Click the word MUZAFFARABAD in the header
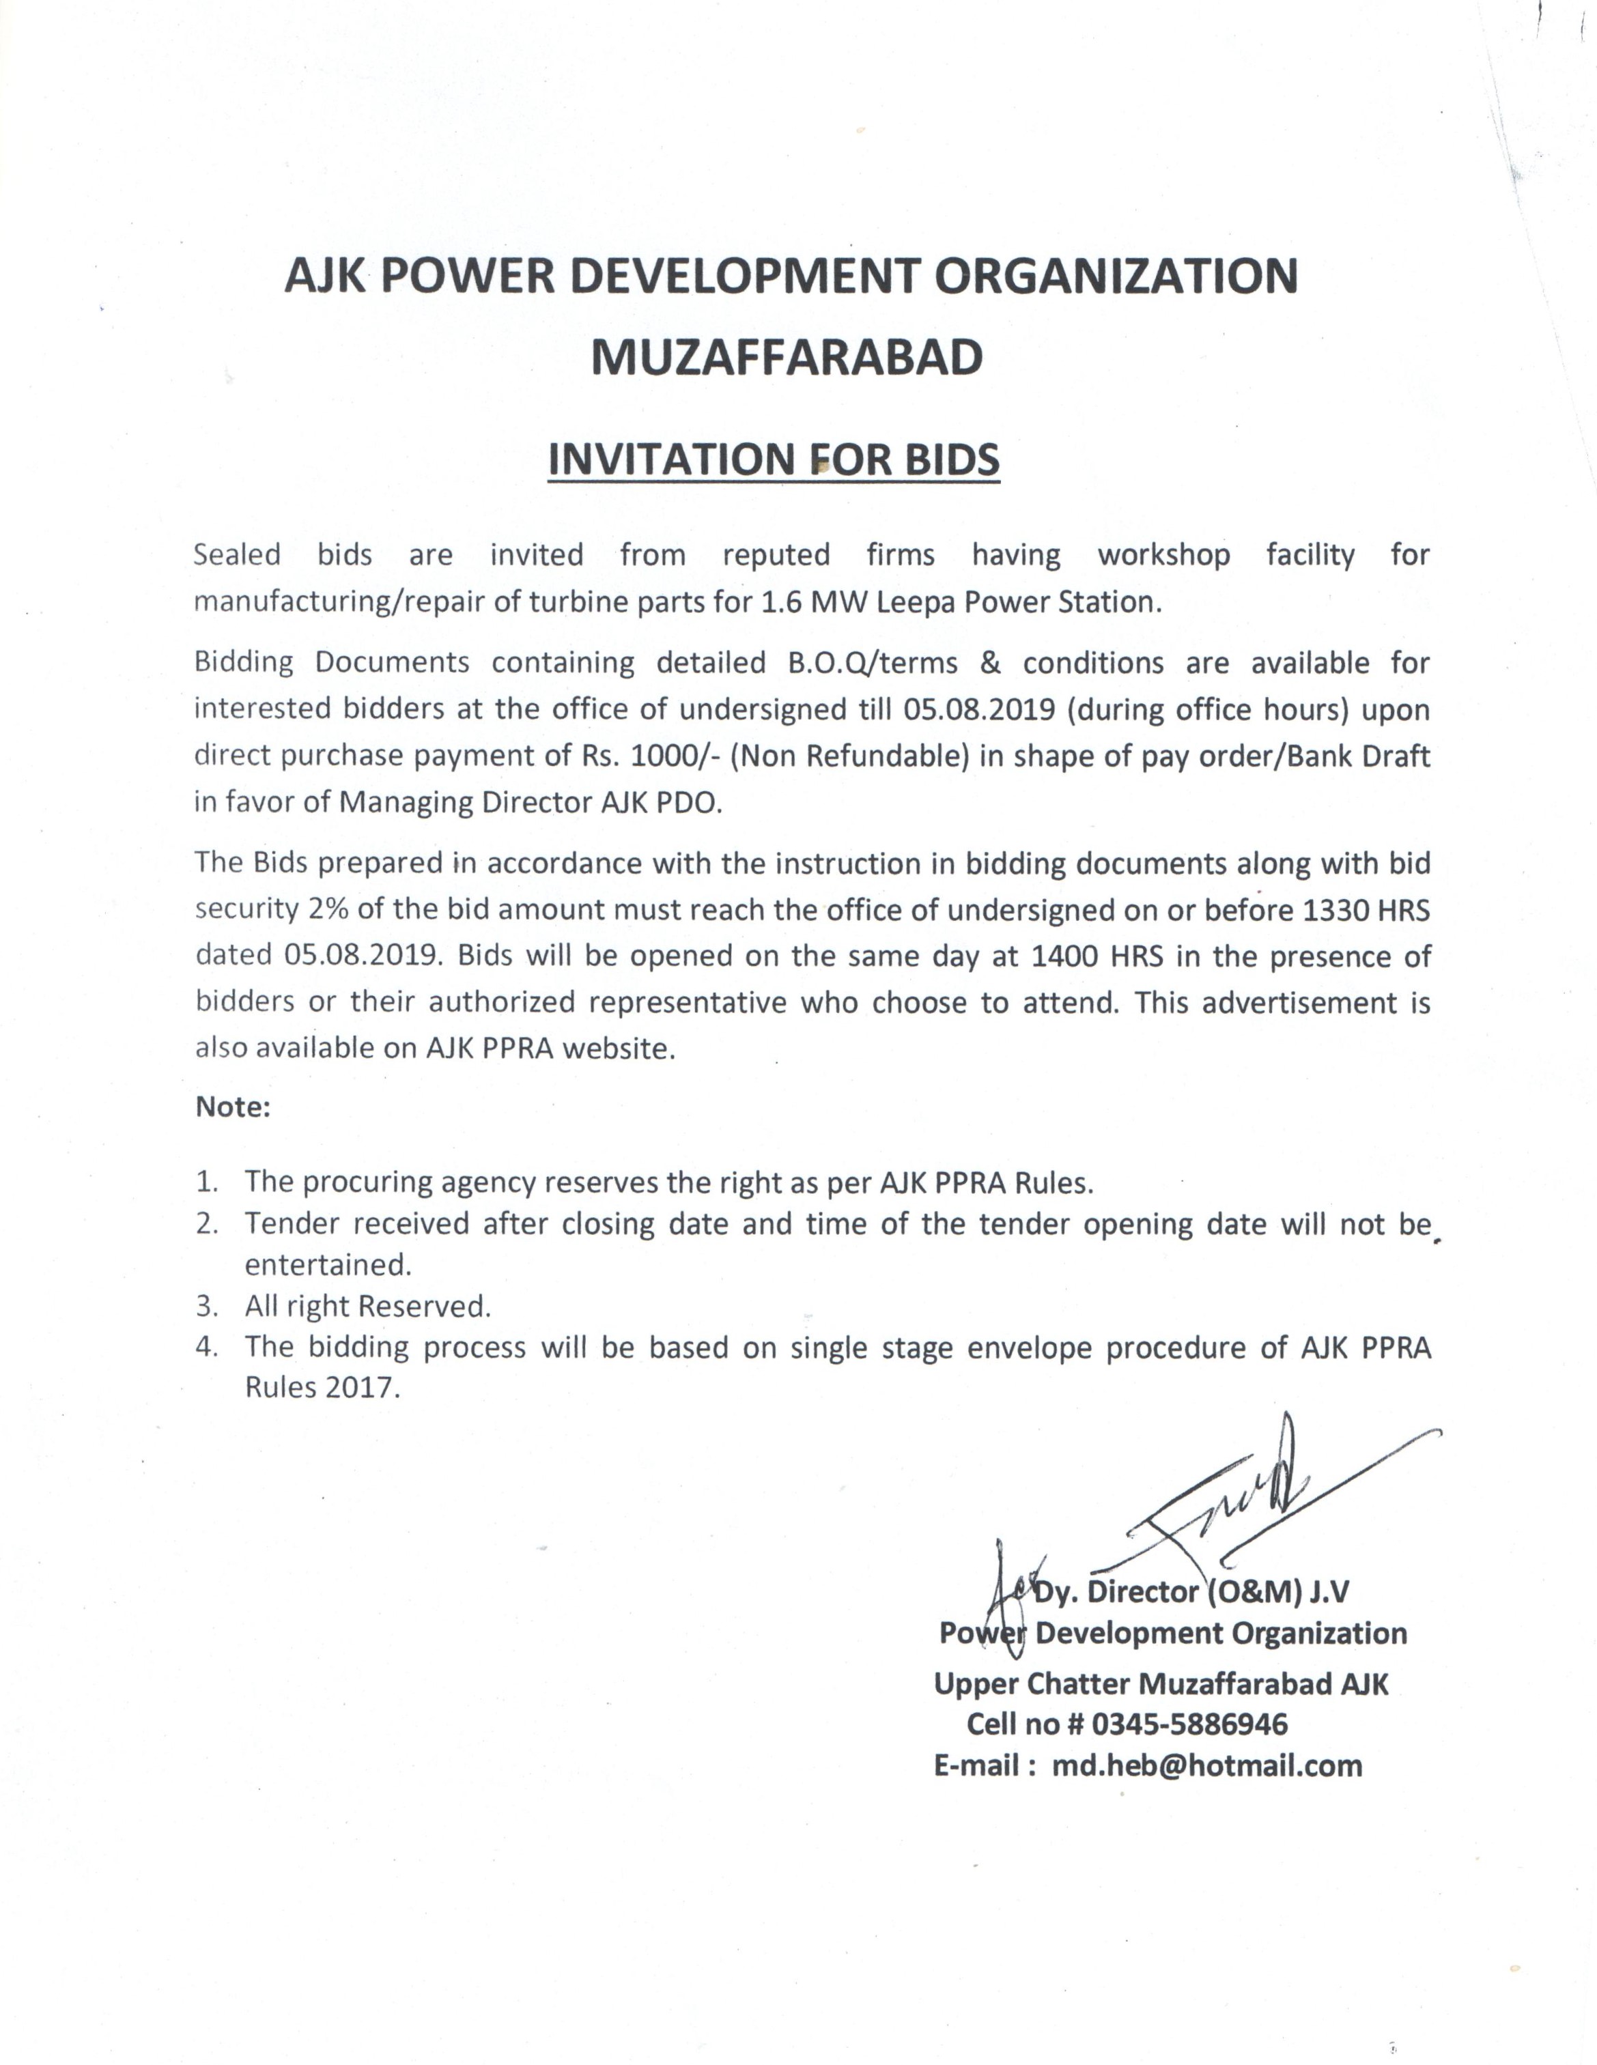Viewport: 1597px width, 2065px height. click(787, 358)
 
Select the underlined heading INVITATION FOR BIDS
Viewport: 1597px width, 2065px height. click(774, 459)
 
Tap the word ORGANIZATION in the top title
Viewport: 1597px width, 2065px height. click(1116, 275)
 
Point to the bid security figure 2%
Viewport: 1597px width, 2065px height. click(328, 909)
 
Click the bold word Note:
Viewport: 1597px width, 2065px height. click(233, 1107)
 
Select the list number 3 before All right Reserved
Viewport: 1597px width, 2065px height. click(207, 1307)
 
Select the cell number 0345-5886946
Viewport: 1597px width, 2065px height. click(1189, 1724)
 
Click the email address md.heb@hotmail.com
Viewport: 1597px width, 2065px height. click(1206, 1766)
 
